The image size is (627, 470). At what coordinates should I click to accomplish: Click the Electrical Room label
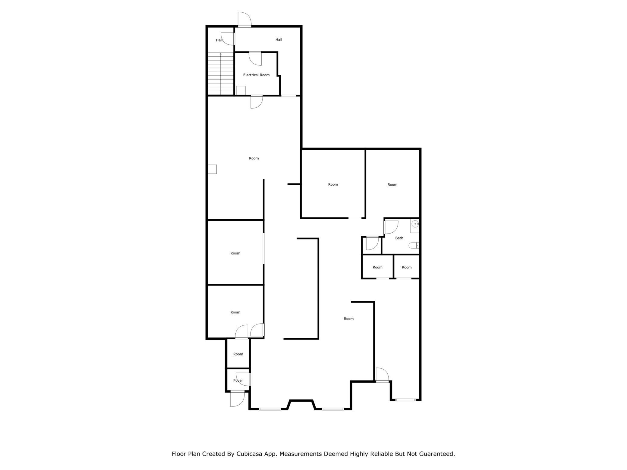point(256,75)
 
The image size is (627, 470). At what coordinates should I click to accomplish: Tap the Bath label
point(399,238)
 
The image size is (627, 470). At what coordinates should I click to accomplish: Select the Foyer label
point(238,381)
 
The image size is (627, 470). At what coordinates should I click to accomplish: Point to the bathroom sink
point(415,224)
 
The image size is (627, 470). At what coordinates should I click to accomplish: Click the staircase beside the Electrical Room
point(221,74)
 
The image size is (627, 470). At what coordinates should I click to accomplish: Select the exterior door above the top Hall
point(244,19)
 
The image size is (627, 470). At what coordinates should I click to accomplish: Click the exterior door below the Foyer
point(237,399)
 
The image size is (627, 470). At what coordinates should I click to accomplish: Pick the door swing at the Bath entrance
point(391,227)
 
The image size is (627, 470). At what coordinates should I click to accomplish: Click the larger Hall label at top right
point(279,39)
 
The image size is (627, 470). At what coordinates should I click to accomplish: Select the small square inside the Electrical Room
point(241,90)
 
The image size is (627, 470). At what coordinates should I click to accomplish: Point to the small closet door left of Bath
point(372,243)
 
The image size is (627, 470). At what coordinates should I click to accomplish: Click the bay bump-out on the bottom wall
point(301,404)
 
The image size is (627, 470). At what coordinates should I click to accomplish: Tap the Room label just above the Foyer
point(238,354)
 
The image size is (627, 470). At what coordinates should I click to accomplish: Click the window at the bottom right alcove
point(405,400)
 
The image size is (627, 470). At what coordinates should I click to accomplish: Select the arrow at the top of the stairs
point(221,54)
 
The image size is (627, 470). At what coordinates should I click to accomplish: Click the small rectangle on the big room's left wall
point(212,169)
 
